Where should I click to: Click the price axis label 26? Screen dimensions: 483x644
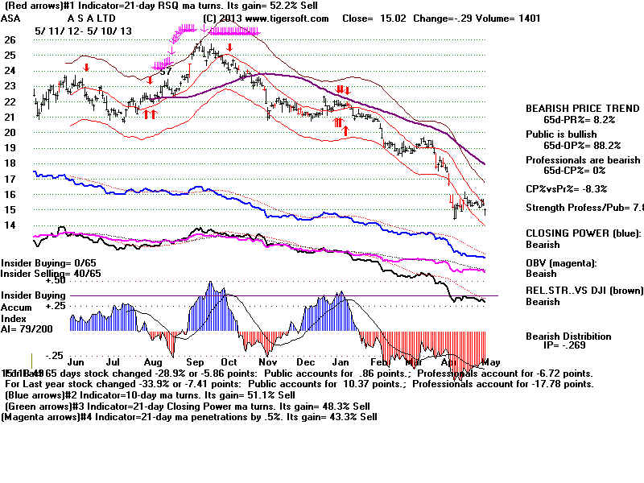pos(10,39)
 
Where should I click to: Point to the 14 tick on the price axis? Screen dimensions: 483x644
pos(10,225)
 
